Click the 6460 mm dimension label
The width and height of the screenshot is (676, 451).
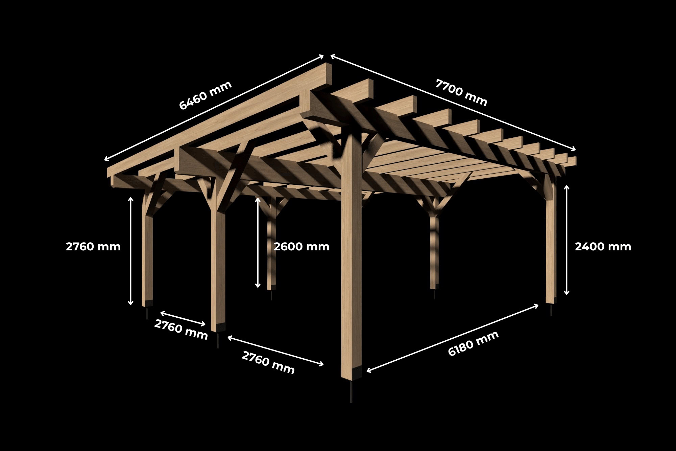pyautogui.click(x=205, y=95)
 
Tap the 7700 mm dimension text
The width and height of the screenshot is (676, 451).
pyautogui.click(x=461, y=92)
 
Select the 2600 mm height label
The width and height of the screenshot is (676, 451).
pyautogui.click(x=301, y=247)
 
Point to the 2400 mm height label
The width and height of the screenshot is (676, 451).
pyautogui.click(x=603, y=247)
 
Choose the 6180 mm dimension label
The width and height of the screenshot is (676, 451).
pyautogui.click(x=473, y=343)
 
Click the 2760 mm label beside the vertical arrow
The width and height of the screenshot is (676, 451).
pyautogui.click(x=93, y=247)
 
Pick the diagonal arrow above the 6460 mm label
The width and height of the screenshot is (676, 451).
pyautogui.click(x=214, y=107)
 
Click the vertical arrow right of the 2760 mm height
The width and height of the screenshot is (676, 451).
pyautogui.click(x=131, y=251)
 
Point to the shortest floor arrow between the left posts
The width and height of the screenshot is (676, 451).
pyautogui.click(x=183, y=318)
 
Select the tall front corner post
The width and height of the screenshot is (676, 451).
pyautogui.click(x=352, y=254)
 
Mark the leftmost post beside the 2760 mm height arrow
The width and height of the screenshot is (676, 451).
pyautogui.click(x=147, y=257)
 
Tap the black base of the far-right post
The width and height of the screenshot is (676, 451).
pyautogui.click(x=551, y=300)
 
